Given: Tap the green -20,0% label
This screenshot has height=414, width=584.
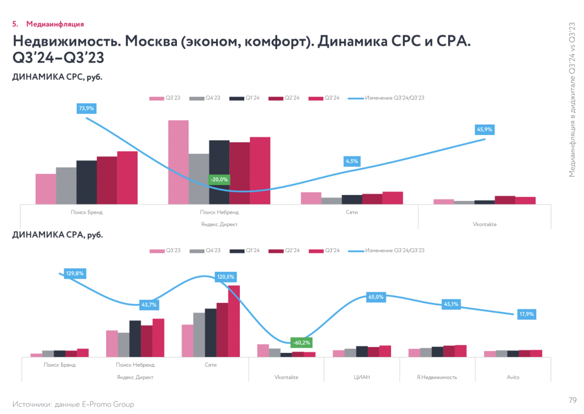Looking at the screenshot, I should pyautogui.click(x=219, y=179).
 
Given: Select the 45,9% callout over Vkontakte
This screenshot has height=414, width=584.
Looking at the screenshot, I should pyautogui.click(x=484, y=130).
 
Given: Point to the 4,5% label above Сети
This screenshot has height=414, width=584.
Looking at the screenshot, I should pyautogui.click(x=352, y=161).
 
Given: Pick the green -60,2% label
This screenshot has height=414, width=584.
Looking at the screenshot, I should pyautogui.click(x=301, y=343).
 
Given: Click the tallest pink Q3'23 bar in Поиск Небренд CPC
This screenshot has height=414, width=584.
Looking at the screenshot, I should pyautogui.click(x=178, y=162).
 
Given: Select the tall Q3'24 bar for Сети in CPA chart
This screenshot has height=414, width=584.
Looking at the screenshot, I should pyautogui.click(x=234, y=321).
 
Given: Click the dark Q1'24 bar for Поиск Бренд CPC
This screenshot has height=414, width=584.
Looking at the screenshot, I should pyautogui.click(x=86, y=182).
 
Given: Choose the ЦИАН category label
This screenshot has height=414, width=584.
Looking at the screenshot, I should pyautogui.click(x=362, y=377).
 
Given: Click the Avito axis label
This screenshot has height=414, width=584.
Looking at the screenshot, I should pyautogui.click(x=513, y=377).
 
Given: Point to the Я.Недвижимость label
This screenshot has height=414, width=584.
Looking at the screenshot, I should pyautogui.click(x=437, y=377).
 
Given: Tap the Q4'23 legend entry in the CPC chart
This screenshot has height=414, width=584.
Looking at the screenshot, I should pyautogui.click(x=204, y=98).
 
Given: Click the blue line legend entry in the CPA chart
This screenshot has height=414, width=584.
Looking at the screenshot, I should pyautogui.click(x=386, y=250).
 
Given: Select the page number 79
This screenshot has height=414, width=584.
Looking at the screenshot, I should pyautogui.click(x=573, y=400).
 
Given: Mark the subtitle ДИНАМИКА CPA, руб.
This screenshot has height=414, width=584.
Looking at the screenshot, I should pyautogui.click(x=57, y=235).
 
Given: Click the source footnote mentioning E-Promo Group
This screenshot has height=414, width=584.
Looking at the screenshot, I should pyautogui.click(x=74, y=404).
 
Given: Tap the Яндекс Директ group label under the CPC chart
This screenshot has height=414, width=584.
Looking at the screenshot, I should pyautogui.click(x=219, y=224).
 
